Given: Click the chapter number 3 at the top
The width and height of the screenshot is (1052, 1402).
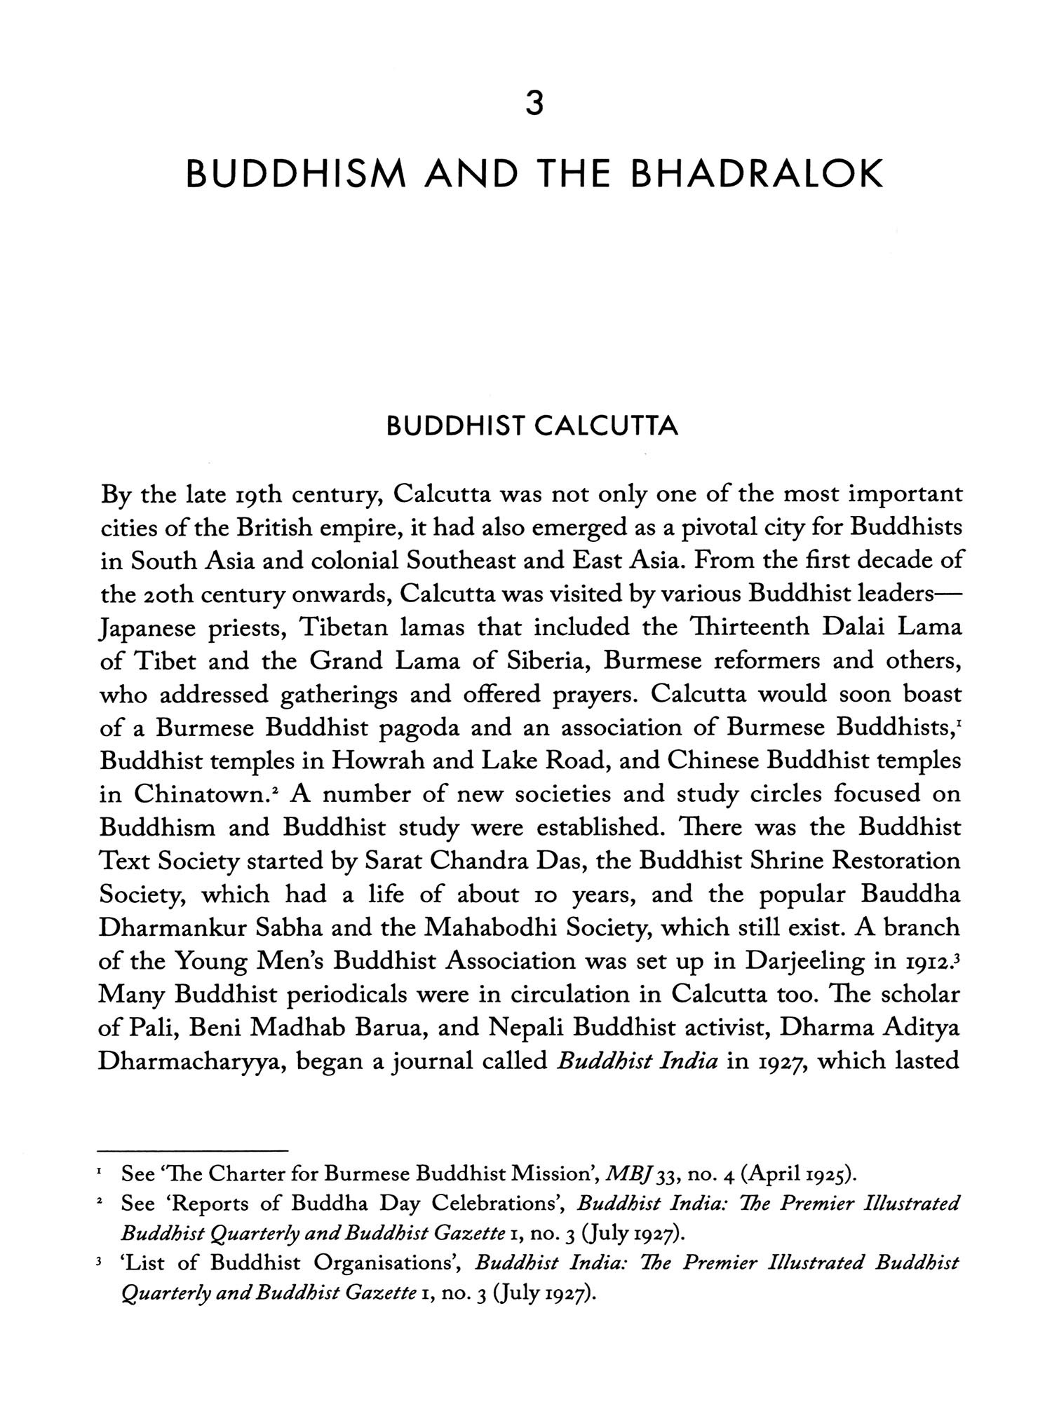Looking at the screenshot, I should [534, 104].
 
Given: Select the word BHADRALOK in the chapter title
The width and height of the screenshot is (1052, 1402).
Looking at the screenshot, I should [757, 175].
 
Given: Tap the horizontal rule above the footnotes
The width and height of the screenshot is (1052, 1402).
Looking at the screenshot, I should [193, 1151].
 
